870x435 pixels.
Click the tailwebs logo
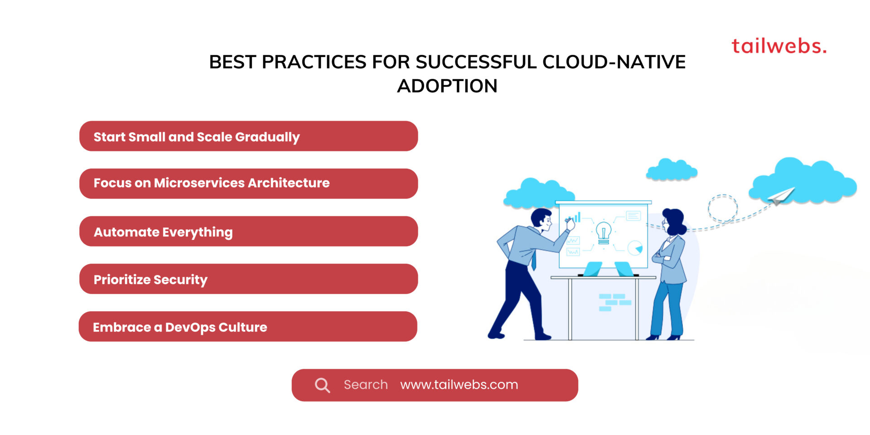coord(778,46)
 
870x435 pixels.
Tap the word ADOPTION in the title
coord(447,86)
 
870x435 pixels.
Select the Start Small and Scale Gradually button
coord(248,136)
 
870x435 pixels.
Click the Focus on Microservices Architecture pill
coord(248,184)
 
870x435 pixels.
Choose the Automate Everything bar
coord(248,232)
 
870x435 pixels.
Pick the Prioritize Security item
coord(248,279)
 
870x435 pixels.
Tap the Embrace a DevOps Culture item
coord(248,327)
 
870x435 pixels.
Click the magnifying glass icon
coord(322,385)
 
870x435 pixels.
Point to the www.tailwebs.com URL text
coord(459,385)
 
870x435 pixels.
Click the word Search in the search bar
coord(366,385)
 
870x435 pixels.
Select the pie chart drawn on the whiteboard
coord(635,248)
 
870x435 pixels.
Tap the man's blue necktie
coord(534,261)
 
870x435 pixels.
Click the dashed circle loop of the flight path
coord(723,208)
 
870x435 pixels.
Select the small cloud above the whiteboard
coord(672,170)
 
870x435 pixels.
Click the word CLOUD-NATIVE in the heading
coord(614,62)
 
